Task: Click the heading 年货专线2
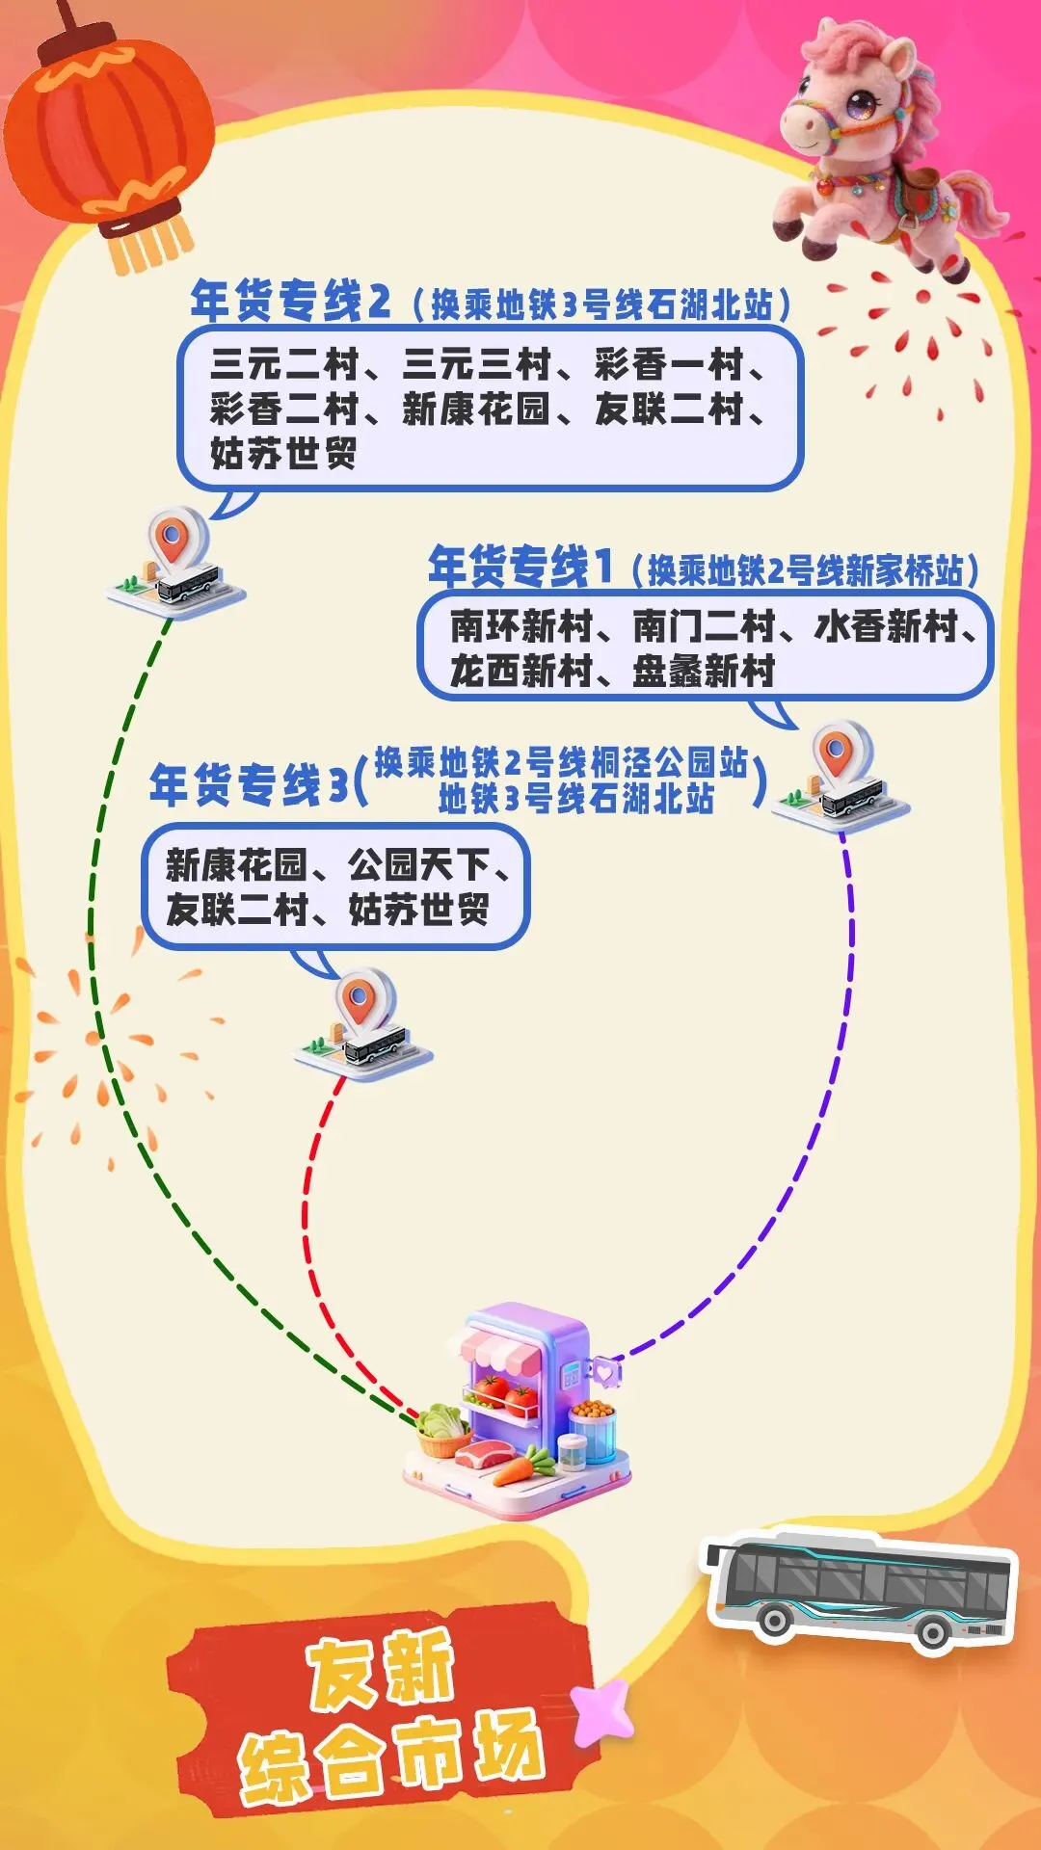(x=290, y=302)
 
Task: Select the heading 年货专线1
(x=520, y=567)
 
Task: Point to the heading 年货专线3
(x=249, y=784)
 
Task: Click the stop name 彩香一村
(x=669, y=365)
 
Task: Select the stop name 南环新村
(x=520, y=627)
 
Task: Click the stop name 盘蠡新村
(x=704, y=671)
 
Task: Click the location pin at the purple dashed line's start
(x=837, y=752)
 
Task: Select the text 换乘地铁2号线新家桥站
(x=805, y=571)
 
